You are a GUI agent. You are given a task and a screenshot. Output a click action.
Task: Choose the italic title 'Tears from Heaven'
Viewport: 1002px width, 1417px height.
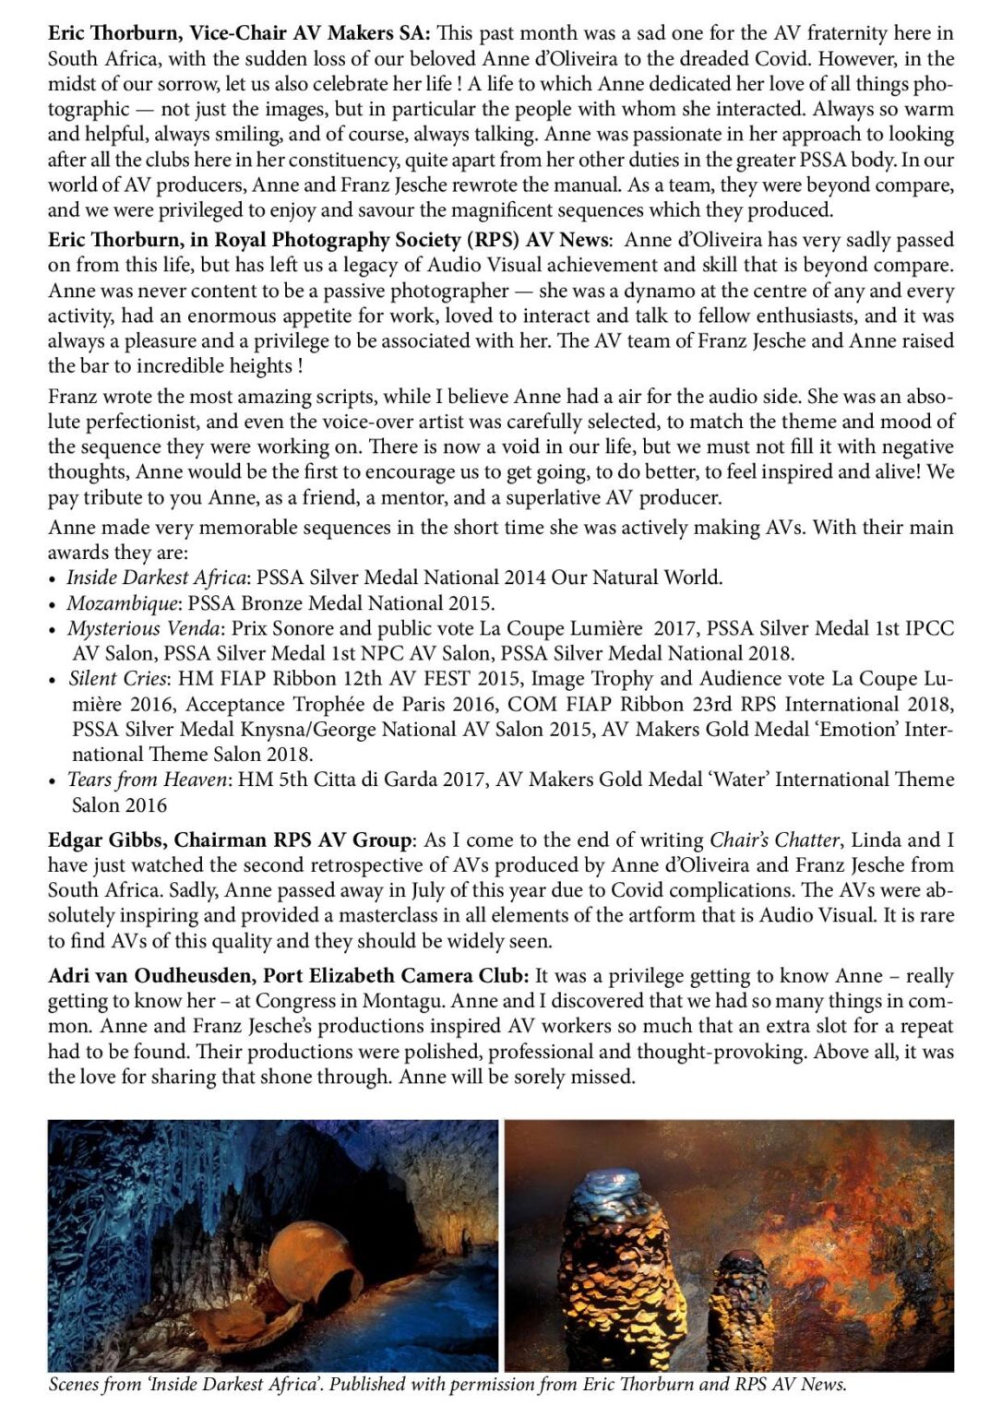coord(148,780)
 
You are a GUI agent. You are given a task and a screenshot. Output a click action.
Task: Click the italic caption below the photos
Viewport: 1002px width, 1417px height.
coord(447,1386)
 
